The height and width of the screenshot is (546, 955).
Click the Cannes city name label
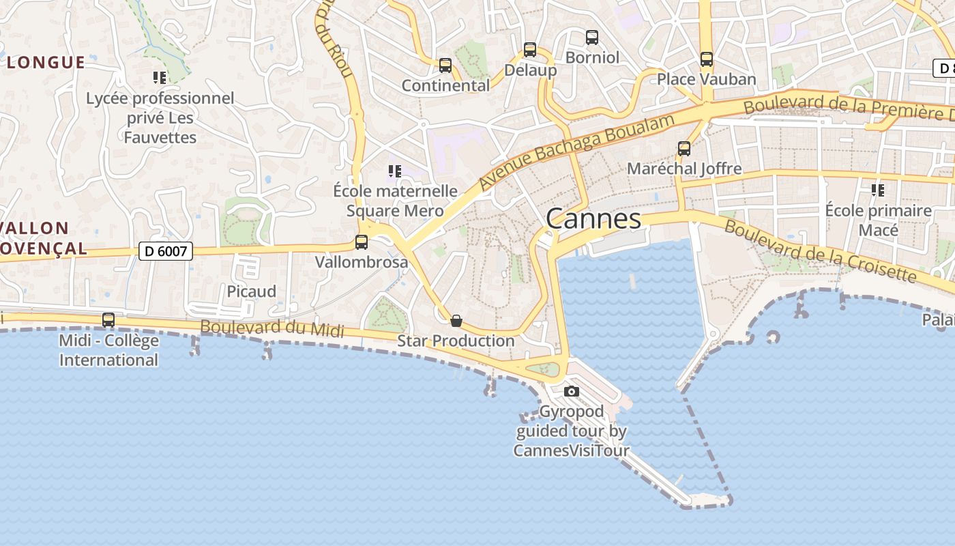pyautogui.click(x=593, y=219)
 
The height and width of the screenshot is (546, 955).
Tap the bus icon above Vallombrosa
pyautogui.click(x=362, y=242)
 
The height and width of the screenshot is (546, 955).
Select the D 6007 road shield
pyautogui.click(x=166, y=251)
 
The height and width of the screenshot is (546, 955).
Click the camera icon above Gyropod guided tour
pyautogui.click(x=572, y=392)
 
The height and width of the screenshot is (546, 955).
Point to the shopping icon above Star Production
pyautogui.click(x=456, y=321)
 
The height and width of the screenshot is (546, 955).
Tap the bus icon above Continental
pyautogui.click(x=445, y=66)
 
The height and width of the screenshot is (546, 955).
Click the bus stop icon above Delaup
pyautogui.click(x=530, y=50)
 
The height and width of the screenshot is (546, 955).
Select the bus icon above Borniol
pyautogui.click(x=592, y=38)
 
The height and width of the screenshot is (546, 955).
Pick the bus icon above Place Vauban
pyautogui.click(x=707, y=59)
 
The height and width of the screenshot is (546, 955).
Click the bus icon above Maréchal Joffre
pyautogui.click(x=684, y=149)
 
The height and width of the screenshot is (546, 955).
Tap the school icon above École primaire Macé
pyautogui.click(x=878, y=190)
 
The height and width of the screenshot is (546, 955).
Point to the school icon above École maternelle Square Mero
pyautogui.click(x=395, y=171)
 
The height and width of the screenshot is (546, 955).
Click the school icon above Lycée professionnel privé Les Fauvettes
pyautogui.click(x=160, y=78)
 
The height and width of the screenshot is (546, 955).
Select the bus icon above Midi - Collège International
pyautogui.click(x=108, y=320)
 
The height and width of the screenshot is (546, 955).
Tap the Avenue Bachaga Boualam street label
pyautogui.click(x=576, y=152)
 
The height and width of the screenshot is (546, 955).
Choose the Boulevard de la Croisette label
pyautogui.click(x=820, y=250)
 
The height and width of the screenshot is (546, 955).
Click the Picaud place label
pyautogui.click(x=252, y=291)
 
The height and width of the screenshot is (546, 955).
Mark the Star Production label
pyautogui.click(x=456, y=341)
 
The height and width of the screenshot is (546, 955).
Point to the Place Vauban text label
pyautogui.click(x=707, y=79)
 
